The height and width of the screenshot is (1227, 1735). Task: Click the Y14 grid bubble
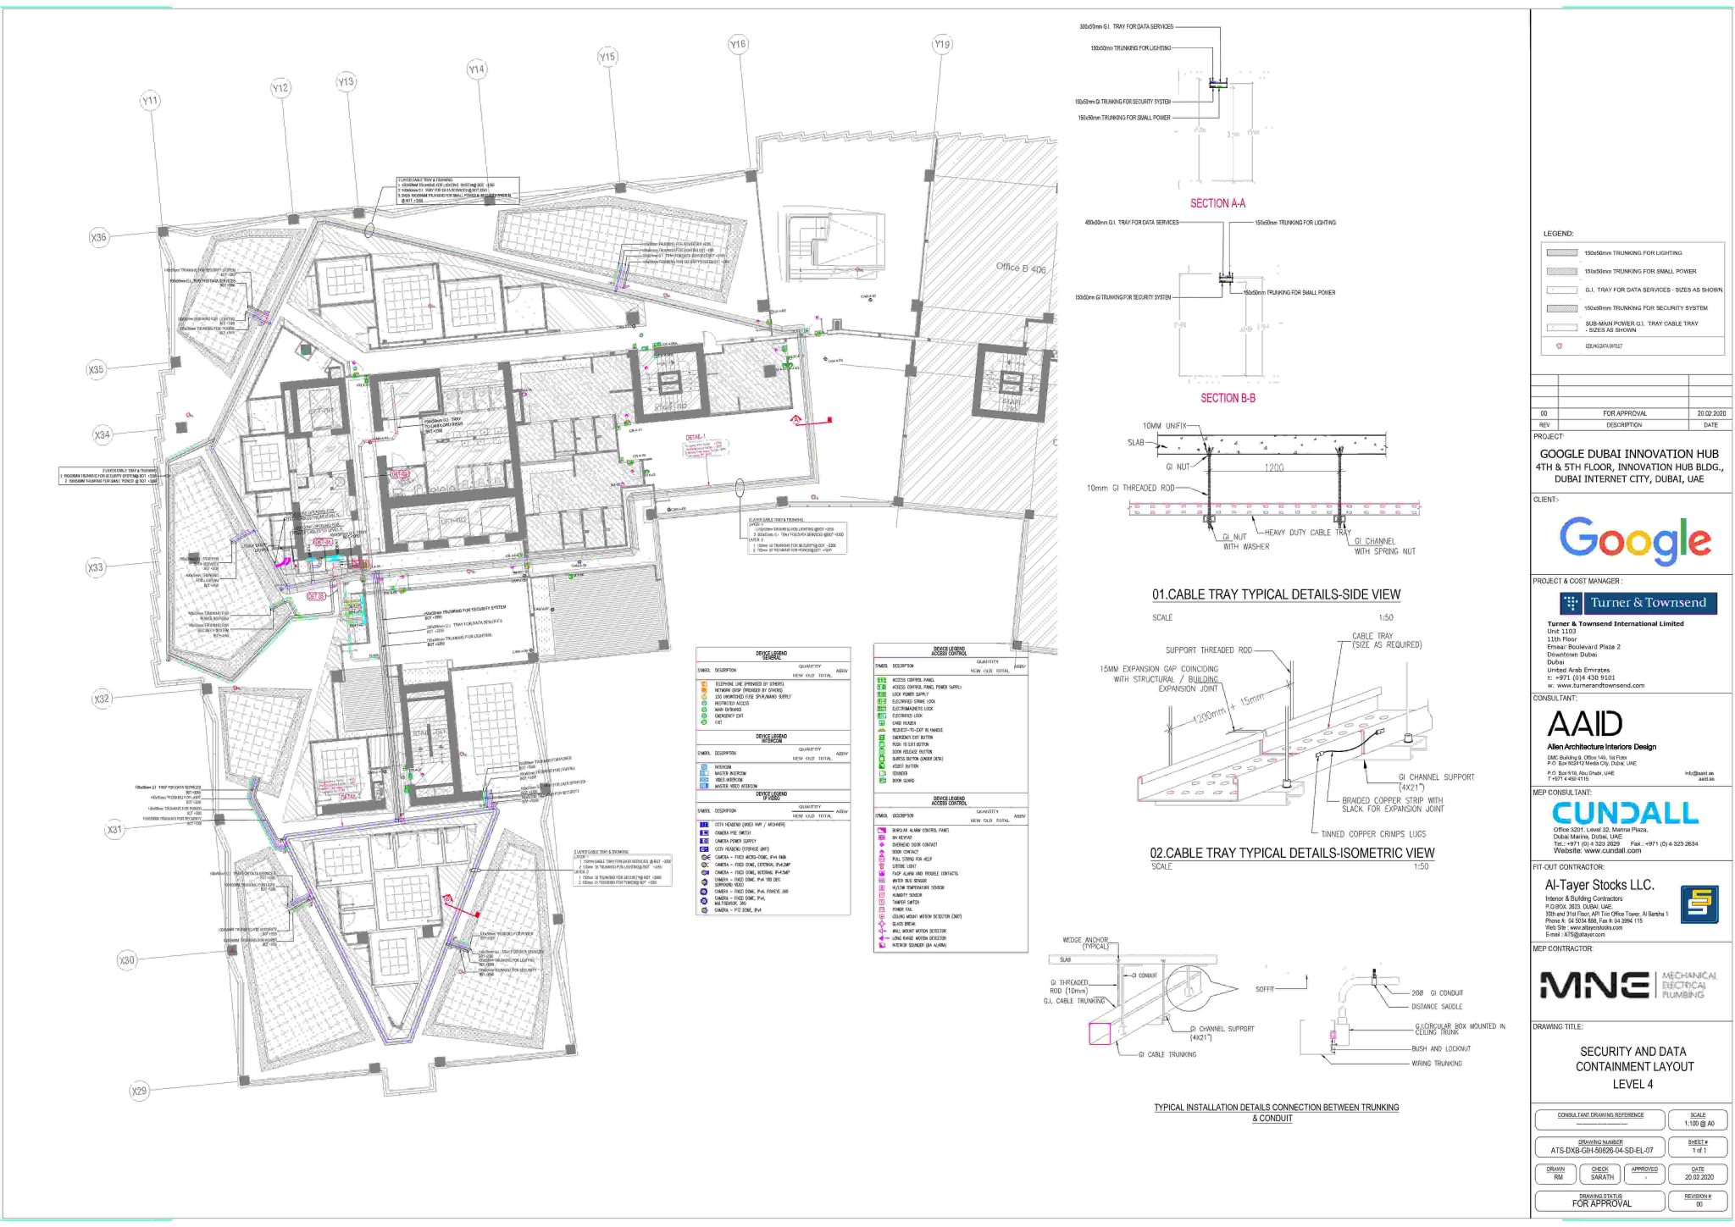click(477, 69)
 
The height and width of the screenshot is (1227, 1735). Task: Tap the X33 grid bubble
click(96, 567)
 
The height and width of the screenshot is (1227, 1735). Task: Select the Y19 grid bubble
click(942, 44)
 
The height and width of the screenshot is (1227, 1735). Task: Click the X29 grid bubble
click(139, 1091)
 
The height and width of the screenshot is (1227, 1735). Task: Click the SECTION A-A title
click(1217, 203)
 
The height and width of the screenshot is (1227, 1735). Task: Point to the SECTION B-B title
click(1228, 398)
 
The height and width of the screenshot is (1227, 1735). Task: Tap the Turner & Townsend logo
click(1638, 603)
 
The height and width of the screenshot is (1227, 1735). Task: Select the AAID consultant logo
click(1584, 724)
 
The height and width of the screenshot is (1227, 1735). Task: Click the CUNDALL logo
click(1625, 813)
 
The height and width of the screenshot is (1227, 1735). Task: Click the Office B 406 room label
click(1020, 268)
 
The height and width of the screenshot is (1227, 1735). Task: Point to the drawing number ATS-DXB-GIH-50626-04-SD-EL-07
click(1601, 1151)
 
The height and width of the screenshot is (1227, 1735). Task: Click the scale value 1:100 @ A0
click(1697, 1124)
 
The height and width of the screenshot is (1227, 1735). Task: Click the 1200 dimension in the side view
click(1273, 467)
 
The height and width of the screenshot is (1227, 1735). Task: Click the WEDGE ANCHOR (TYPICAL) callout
click(1085, 942)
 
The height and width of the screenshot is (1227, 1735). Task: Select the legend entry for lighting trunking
click(1632, 253)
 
